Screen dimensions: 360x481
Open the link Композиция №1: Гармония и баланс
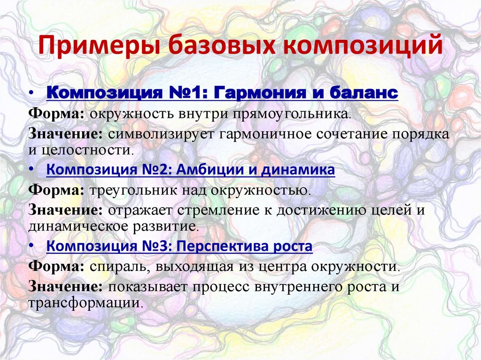(222, 92)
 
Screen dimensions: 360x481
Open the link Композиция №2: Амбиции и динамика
(191, 170)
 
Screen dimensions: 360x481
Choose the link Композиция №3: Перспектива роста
(179, 246)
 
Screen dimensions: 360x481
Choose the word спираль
(114, 267)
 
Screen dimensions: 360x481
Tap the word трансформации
(85, 302)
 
